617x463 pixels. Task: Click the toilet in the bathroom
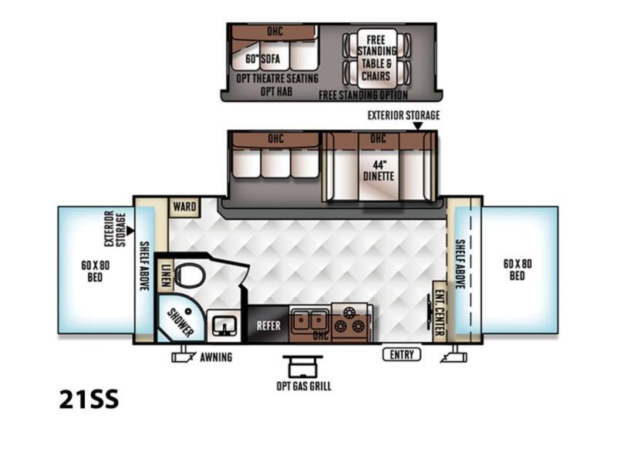coord(189,275)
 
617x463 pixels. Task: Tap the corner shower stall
coord(180,319)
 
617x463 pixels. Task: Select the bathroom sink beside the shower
coord(224,326)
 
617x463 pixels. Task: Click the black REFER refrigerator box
coord(268,325)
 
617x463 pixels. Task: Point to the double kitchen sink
coord(309,320)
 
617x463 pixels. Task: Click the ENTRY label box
coord(402,354)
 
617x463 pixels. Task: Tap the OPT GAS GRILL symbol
coord(303,367)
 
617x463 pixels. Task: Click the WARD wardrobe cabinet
coord(184,207)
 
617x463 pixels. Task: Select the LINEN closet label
coord(166,274)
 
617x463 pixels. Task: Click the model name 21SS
coord(89,399)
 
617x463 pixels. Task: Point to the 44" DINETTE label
coord(379,171)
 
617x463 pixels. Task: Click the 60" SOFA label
coord(263,59)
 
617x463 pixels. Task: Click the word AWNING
coord(216,357)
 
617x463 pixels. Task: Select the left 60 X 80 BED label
coord(95,272)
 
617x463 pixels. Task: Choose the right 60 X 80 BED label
coord(518,269)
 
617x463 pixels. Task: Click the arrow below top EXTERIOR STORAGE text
coord(418,126)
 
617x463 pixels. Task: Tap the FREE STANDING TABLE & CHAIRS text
coord(376,58)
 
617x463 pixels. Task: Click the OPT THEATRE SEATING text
coord(277,79)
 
